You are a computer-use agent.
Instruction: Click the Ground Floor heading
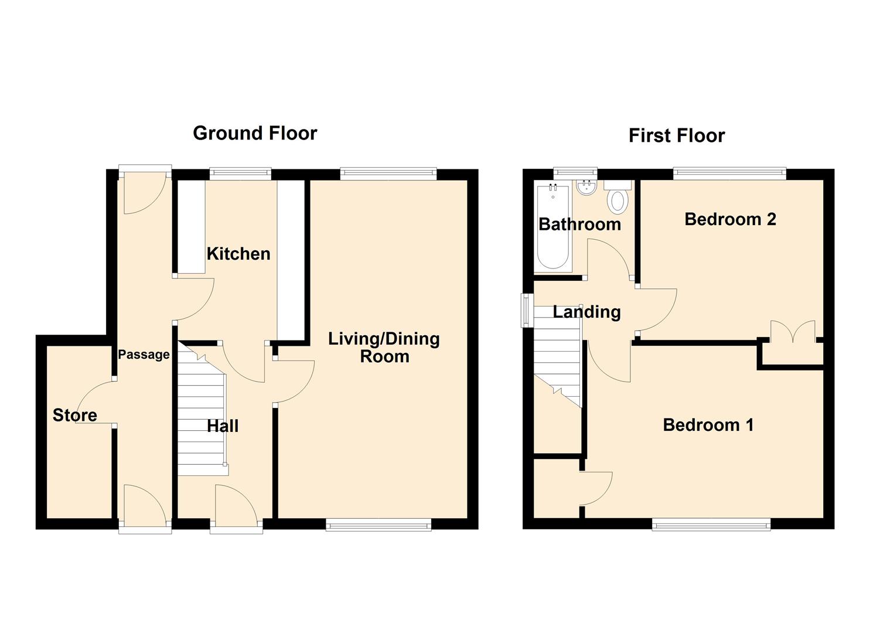[255, 134]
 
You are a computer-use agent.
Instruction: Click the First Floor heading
[676, 136]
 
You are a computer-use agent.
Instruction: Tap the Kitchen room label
[238, 254]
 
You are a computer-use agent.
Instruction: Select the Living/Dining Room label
[384, 347]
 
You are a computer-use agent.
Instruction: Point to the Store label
[74, 416]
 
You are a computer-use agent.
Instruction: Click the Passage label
[144, 355]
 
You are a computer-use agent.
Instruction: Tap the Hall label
[223, 426]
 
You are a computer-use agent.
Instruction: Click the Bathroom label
[579, 224]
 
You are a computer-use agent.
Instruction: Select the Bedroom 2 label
[730, 219]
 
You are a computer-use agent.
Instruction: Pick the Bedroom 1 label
[708, 425]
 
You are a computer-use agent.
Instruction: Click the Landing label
[586, 312]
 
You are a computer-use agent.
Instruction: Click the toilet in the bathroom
[617, 199]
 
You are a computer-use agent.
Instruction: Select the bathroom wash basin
[586, 188]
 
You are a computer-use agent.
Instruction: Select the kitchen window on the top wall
[240, 173]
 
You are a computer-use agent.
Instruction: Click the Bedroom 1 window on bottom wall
[711, 525]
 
